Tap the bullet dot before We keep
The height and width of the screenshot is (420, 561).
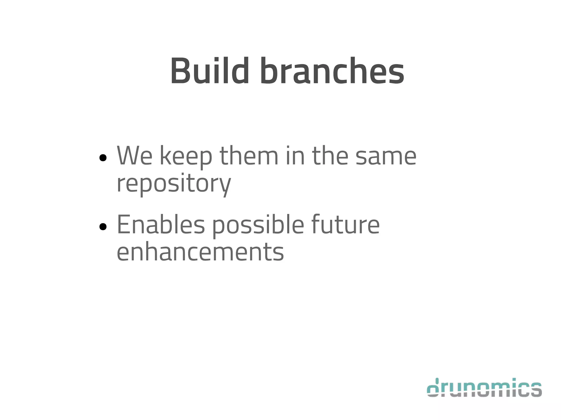pos(103,158)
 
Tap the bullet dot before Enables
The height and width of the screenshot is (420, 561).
pos(103,227)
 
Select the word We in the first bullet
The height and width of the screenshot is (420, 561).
pos(134,156)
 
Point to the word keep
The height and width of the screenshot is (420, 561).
pos(186,157)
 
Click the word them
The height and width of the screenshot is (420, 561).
pos(249,156)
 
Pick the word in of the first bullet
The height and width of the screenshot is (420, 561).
pos(295,156)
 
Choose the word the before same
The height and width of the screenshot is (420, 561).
pos(330,156)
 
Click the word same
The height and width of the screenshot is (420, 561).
pos(386,157)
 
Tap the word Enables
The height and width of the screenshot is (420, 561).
pos(161,225)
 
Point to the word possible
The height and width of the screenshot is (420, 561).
pos(258,226)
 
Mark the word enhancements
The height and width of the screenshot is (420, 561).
pos(200,252)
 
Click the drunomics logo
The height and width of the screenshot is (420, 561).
pos(484,387)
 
